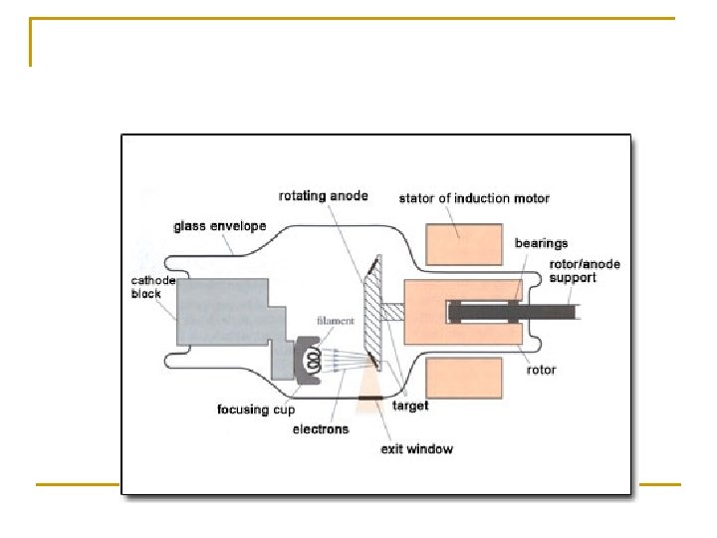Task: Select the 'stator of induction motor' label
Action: (473, 198)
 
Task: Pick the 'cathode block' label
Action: (152, 287)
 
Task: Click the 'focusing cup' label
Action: (256, 409)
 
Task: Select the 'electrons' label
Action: (320, 429)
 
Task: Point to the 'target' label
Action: (410, 406)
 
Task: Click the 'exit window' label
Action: (417, 449)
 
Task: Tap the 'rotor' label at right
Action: (542, 371)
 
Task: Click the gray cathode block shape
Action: (224, 312)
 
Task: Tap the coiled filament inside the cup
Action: (312, 357)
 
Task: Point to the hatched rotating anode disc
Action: (369, 311)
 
